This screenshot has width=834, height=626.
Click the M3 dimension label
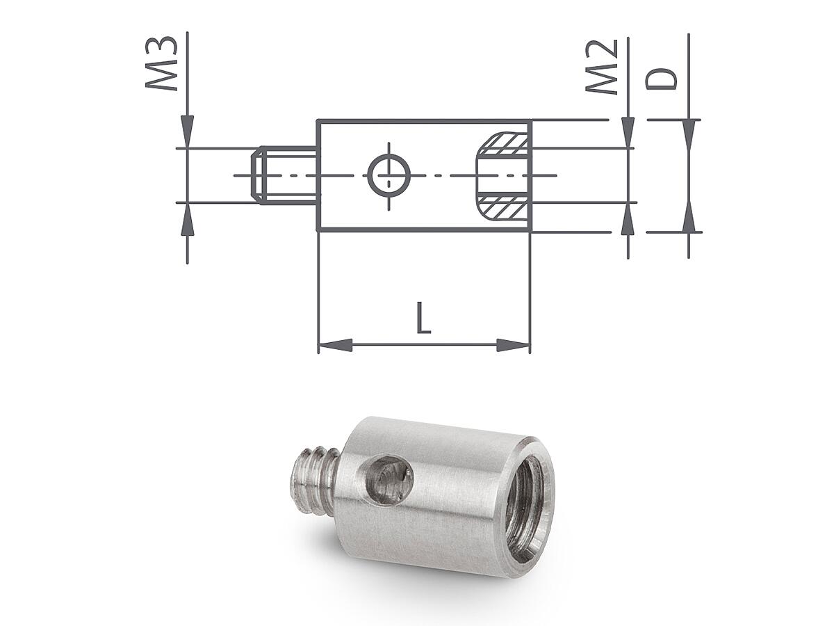[x=162, y=64]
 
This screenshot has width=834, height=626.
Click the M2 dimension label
[x=601, y=67]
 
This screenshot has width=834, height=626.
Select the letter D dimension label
[x=662, y=79]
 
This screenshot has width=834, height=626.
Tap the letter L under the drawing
[x=423, y=318]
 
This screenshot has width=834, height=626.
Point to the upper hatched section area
[x=503, y=145]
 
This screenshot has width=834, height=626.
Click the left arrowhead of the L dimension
[x=335, y=345]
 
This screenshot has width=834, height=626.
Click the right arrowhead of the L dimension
[x=513, y=345]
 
